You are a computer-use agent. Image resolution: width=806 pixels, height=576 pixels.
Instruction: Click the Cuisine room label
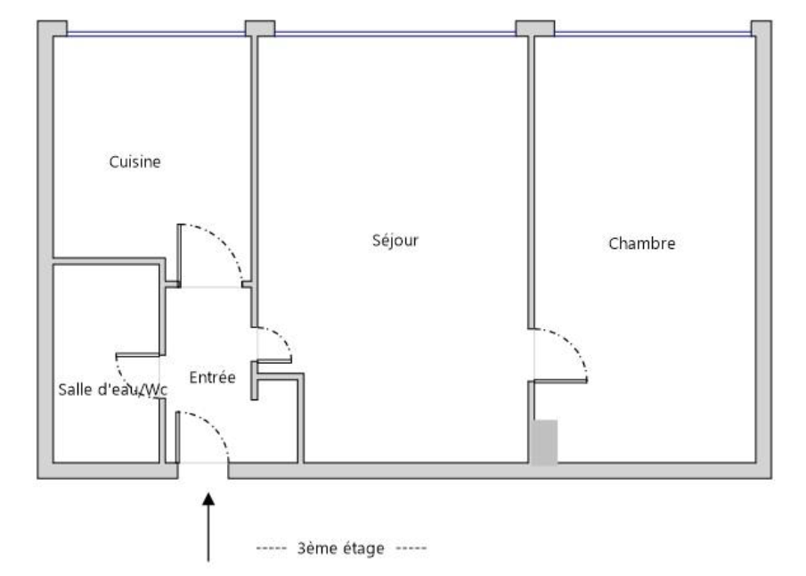click(134, 161)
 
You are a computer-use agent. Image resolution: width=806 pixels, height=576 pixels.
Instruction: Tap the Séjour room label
click(395, 240)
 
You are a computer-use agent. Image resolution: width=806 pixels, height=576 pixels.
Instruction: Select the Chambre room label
click(641, 243)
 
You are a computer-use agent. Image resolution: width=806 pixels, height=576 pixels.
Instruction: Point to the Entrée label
click(212, 377)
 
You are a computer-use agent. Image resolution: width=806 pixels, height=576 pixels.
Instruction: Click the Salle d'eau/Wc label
click(112, 390)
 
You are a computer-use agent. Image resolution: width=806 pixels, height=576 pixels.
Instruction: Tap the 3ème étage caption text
click(341, 548)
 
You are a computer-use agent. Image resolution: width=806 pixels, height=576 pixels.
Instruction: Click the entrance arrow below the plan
click(208, 527)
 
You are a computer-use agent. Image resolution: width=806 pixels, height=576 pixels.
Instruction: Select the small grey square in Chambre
click(544, 441)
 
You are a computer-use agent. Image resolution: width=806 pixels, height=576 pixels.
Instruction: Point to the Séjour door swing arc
click(281, 337)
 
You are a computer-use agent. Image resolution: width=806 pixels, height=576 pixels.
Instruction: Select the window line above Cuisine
click(156, 34)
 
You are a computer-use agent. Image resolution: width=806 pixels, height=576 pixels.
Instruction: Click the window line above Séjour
click(395, 34)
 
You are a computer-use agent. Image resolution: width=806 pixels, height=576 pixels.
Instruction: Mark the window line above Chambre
click(653, 34)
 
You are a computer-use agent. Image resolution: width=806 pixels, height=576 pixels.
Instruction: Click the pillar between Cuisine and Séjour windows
click(260, 29)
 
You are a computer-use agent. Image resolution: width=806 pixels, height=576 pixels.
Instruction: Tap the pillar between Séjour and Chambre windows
click(535, 29)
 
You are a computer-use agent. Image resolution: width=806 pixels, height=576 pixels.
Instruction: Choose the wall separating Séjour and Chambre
click(531, 182)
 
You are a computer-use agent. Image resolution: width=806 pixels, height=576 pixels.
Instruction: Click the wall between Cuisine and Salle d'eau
click(106, 261)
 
